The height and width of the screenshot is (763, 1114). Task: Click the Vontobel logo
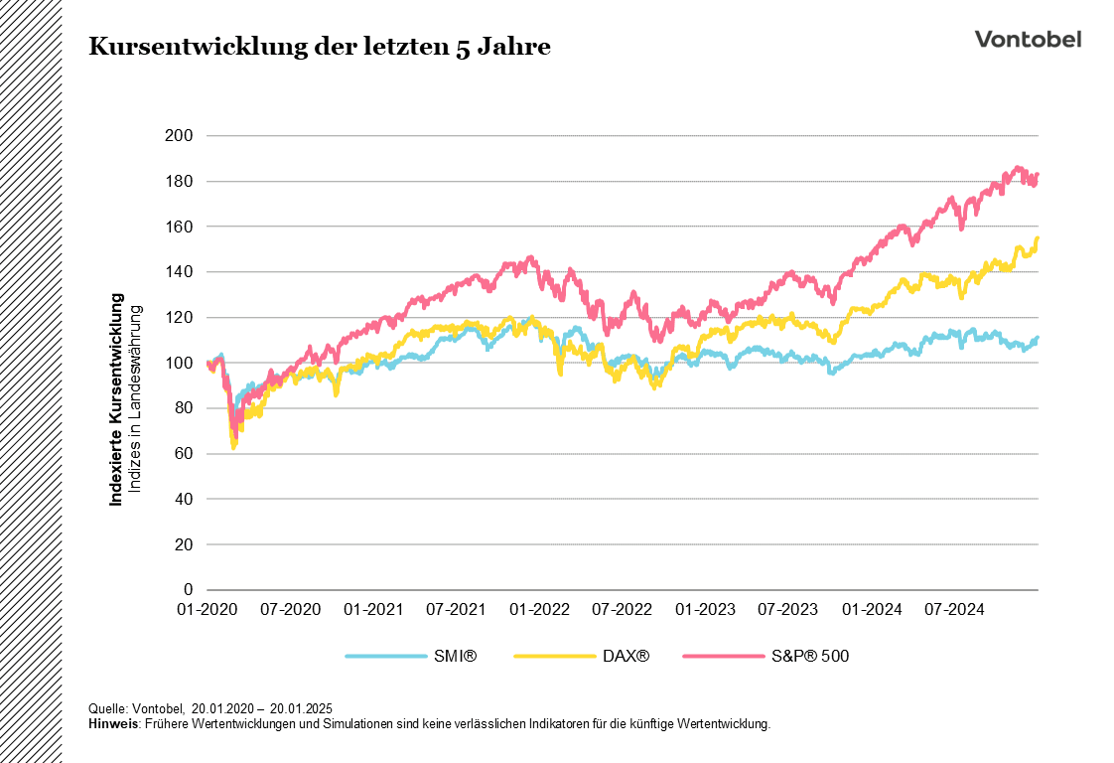pyautogui.click(x=1028, y=39)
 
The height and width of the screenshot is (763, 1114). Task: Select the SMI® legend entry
pyautogui.click(x=412, y=656)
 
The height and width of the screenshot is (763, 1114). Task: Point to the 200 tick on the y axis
pyautogui.click(x=181, y=136)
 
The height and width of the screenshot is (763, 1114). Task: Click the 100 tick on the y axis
pyautogui.click(x=181, y=364)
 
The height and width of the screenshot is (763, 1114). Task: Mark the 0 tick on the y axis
pyautogui.click(x=188, y=590)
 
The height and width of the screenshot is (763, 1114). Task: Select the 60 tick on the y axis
pyautogui.click(x=184, y=454)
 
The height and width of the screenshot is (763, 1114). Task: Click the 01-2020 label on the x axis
pyautogui.click(x=207, y=609)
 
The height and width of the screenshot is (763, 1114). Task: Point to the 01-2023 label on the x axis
pyautogui.click(x=702, y=609)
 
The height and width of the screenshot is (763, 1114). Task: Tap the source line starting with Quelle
pyautogui.click(x=210, y=708)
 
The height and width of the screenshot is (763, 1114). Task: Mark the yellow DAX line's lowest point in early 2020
pyautogui.click(x=233, y=447)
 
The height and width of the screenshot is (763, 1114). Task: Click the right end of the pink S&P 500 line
pyautogui.click(x=1038, y=175)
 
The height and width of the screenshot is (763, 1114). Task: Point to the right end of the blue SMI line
pyautogui.click(x=1038, y=338)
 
